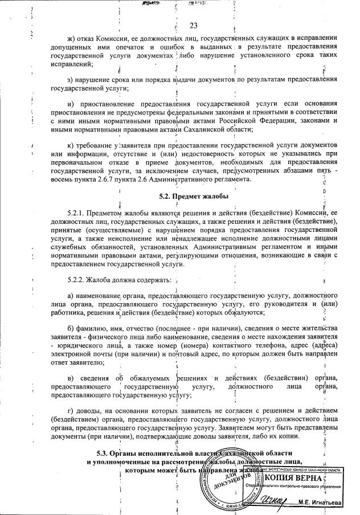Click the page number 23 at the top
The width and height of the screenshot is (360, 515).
click(x=192, y=25)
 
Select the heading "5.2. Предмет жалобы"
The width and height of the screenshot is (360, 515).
click(x=194, y=197)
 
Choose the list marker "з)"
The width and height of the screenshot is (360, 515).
click(x=71, y=79)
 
